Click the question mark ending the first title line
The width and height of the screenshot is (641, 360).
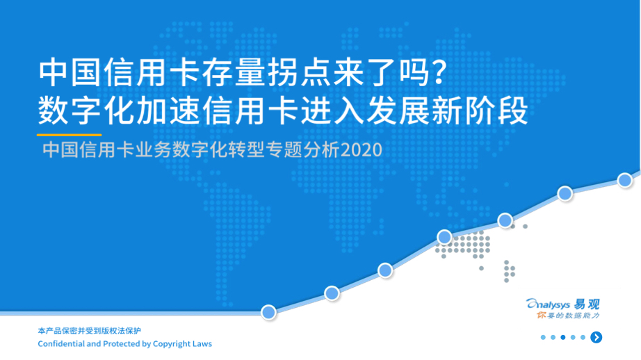pyautogui.click(x=439, y=72)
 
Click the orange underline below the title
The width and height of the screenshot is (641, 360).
pyautogui.click(x=69, y=134)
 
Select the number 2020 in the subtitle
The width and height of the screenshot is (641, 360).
pyautogui.click(x=362, y=150)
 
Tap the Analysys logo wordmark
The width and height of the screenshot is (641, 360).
pyautogui.click(x=549, y=304)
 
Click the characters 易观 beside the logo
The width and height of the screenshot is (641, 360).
pyautogui.click(x=587, y=304)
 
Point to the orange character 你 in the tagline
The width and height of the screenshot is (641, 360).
pyautogui.click(x=542, y=316)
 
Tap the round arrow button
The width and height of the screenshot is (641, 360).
pyautogui.click(x=597, y=337)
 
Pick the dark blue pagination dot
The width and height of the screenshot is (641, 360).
pyautogui.click(x=563, y=337)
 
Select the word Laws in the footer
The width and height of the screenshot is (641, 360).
pyautogui.click(x=202, y=343)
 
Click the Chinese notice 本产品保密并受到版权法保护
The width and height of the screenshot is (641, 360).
pyautogui.click(x=89, y=331)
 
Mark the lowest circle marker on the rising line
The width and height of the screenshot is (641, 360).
pyautogui.click(x=268, y=313)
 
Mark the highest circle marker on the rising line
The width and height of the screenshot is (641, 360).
pyautogui.click(x=625, y=180)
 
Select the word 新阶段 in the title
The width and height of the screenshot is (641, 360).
pyautogui.click(x=480, y=111)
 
